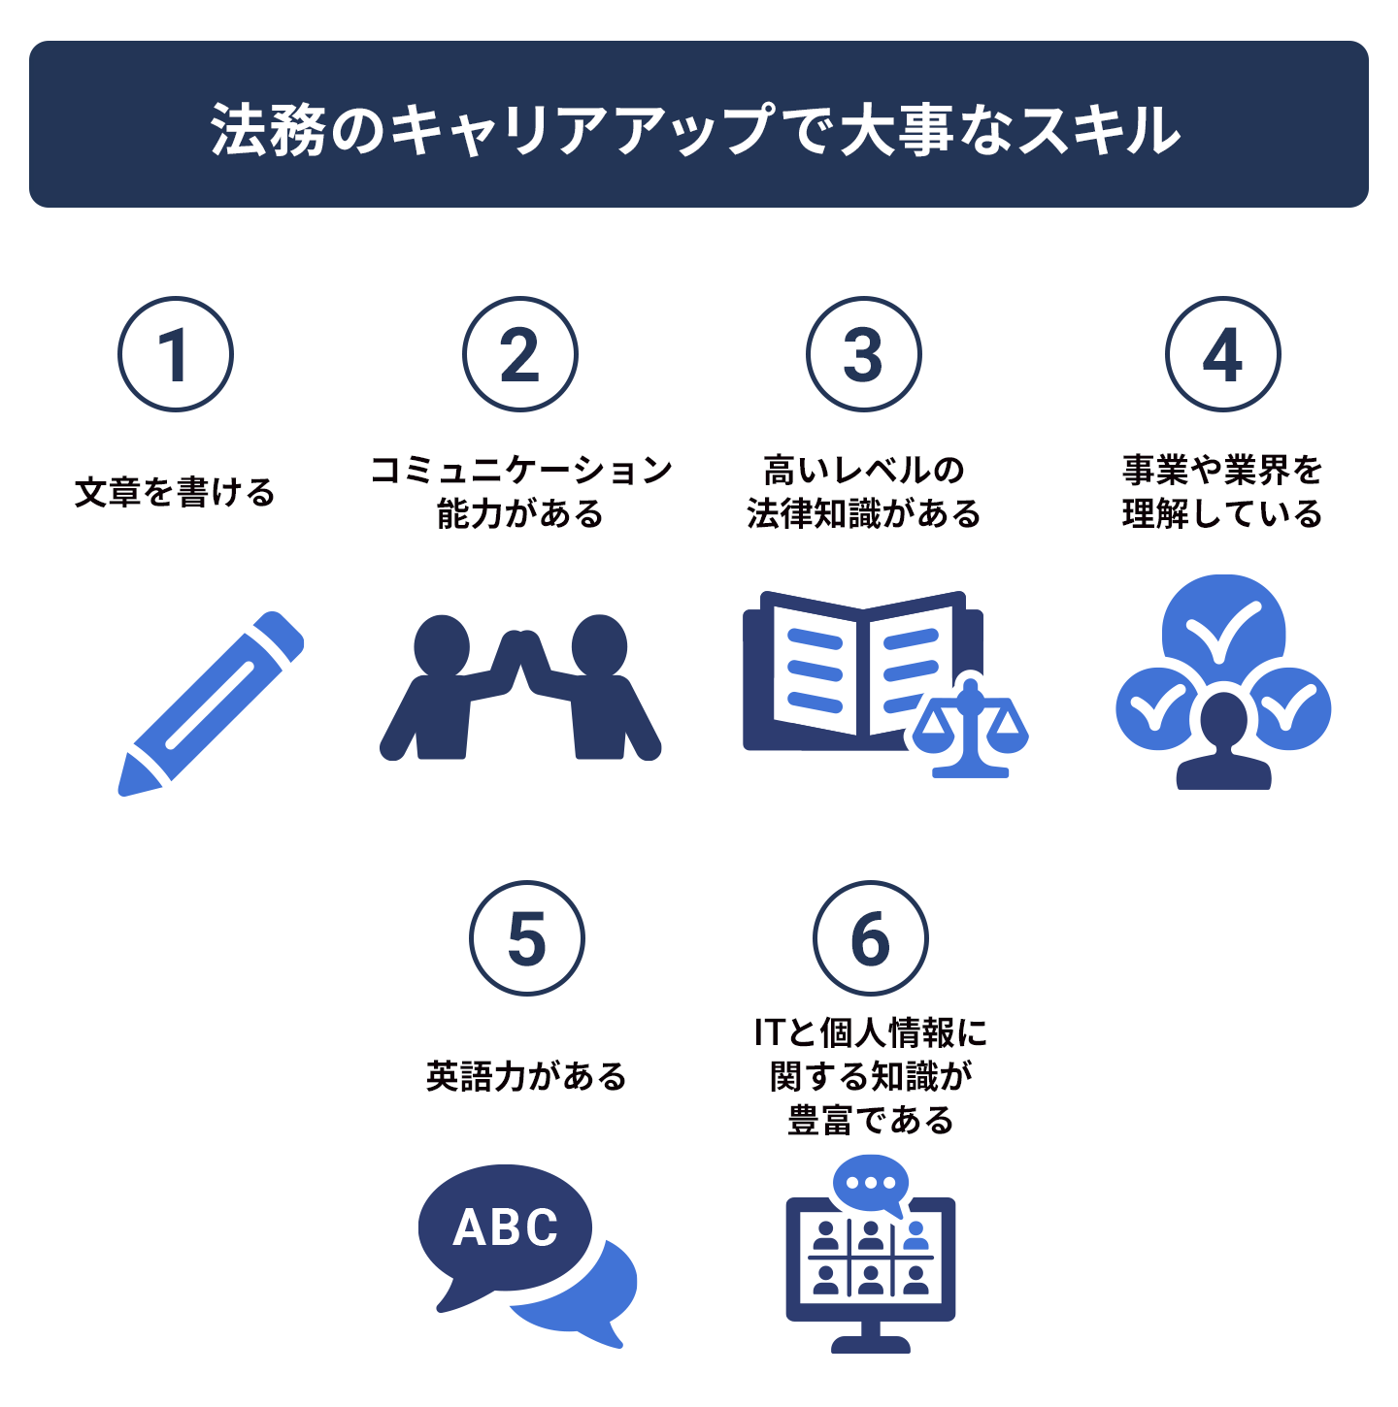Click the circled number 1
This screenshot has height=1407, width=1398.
tap(176, 354)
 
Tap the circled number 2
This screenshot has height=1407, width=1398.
tap(519, 354)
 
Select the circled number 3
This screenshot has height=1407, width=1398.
tap(864, 354)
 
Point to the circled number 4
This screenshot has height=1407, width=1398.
tap(1222, 354)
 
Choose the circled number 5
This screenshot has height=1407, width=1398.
tap(527, 938)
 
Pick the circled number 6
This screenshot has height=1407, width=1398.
tap(871, 938)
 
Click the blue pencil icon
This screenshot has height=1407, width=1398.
tap(211, 703)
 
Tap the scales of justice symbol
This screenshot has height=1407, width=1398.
tap(971, 729)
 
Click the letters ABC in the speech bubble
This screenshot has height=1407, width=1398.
tap(505, 1227)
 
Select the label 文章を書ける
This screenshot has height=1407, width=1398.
tap(175, 492)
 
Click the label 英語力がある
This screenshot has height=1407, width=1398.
tap(526, 1076)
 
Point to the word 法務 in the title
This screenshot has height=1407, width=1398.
tap(267, 130)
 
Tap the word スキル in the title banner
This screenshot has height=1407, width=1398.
tap(1099, 130)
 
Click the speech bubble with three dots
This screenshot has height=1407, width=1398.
tap(871, 1184)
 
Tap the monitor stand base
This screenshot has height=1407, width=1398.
tap(871, 1344)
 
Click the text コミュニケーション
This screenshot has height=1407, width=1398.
tap(520, 470)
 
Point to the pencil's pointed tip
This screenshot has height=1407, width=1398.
tap(121, 792)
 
